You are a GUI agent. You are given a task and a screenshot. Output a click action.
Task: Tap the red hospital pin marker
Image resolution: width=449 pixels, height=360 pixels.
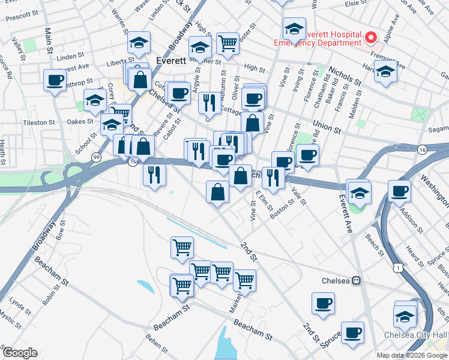coord(371,38)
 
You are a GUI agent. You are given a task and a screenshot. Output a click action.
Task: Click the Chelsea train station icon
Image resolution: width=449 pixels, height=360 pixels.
coord(356,280)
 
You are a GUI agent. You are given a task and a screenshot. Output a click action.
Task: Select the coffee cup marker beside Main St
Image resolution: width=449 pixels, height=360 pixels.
coord(55,80)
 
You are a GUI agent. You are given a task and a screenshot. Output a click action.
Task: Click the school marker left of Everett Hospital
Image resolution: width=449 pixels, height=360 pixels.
coord(294,28)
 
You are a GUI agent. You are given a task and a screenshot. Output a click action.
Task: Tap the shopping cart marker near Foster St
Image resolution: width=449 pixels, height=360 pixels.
coord(228,43)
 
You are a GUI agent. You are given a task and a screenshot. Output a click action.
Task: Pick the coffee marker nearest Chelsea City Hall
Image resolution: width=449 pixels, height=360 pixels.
coord(353,332)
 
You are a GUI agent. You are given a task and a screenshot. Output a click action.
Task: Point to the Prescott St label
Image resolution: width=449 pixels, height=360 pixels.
coord(21,19)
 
